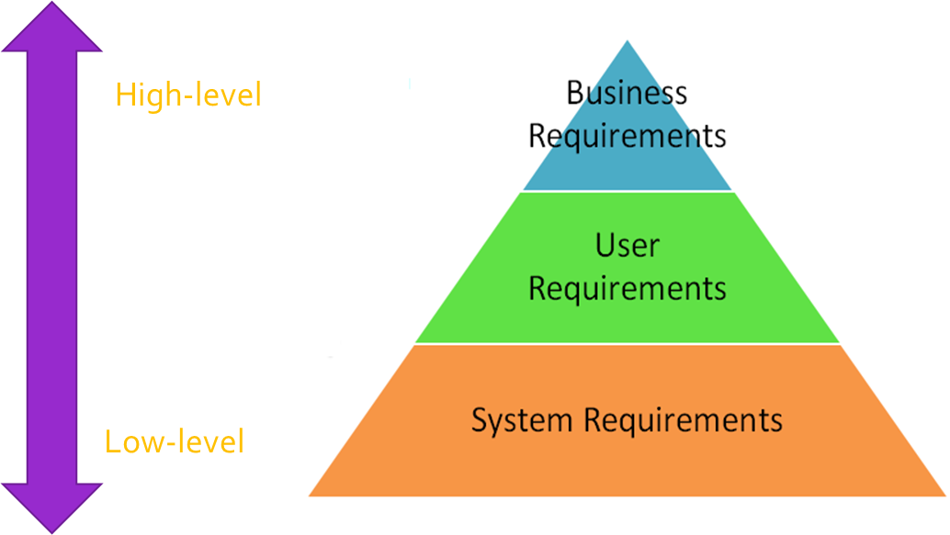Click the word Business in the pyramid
627,94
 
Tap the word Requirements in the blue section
628,137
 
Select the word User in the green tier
628,246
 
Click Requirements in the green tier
628,288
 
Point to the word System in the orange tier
524,421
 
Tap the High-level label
188,95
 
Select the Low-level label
175,442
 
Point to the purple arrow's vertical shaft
51,266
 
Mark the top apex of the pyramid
628,42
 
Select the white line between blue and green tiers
628,192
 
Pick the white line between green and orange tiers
628,344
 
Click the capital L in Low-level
112,442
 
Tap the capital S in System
480,420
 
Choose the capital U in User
605,246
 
